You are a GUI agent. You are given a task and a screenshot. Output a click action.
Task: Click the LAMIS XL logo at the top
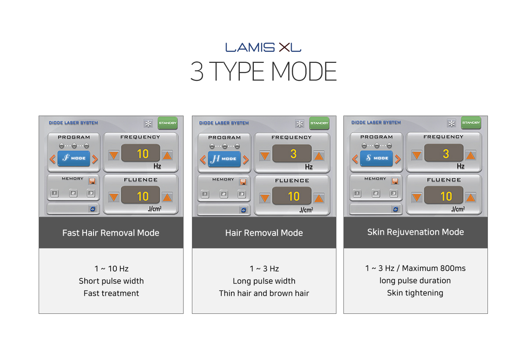(263, 47)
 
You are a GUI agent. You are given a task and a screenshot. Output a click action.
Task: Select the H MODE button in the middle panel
(224, 159)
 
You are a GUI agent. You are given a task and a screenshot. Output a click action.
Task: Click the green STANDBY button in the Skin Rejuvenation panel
(471, 123)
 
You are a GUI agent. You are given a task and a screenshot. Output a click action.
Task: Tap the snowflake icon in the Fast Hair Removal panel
(148, 124)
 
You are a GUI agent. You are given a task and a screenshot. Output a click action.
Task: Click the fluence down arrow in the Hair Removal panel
(265, 198)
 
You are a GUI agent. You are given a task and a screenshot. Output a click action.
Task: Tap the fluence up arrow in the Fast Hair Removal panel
(167, 197)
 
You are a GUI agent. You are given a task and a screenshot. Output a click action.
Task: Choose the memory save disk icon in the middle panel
(243, 182)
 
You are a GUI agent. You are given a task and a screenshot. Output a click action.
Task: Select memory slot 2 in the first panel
(73, 193)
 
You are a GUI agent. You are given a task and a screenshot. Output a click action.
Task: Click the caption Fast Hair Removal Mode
(111, 233)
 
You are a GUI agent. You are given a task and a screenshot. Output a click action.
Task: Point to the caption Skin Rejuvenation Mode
(415, 232)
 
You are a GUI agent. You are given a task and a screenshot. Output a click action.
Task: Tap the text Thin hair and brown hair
(264, 293)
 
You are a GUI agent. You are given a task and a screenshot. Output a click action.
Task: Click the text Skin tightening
(415, 293)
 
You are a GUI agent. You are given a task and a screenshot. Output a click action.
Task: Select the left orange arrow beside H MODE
(203, 159)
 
